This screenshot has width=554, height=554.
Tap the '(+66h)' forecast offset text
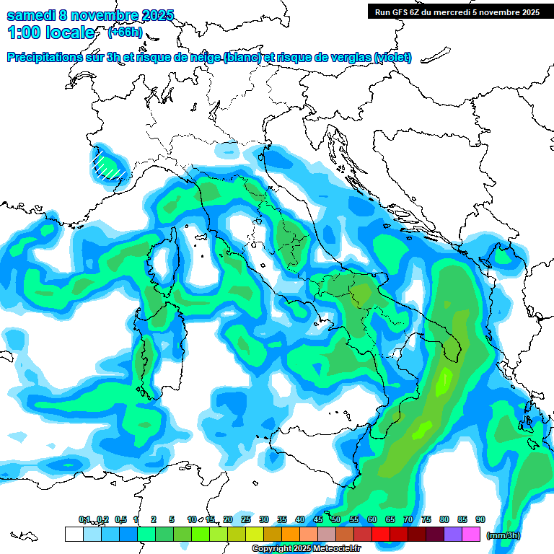pos(125,32)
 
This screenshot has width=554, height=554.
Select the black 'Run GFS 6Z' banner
pos(457,12)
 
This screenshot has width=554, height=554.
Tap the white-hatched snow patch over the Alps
pos(106,164)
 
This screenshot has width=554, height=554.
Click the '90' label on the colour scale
pos(480,519)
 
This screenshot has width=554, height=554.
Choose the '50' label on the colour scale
pos(336,519)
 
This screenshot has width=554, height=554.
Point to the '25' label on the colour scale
pos(246,519)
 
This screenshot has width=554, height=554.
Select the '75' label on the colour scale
pos(426,519)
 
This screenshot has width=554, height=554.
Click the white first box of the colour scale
pos(74,534)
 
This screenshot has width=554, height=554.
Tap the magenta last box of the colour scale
pos(471,534)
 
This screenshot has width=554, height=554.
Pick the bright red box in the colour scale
pos(381,534)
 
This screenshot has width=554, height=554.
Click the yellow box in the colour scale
pos(254,534)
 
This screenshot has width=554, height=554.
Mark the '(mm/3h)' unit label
pos(504,535)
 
